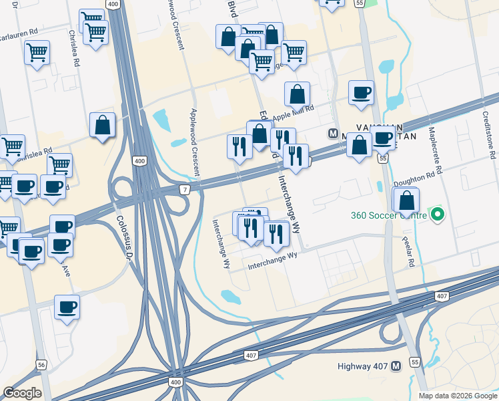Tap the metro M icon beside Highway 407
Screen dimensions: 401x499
(396, 366)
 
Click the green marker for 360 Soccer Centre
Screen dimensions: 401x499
(438, 215)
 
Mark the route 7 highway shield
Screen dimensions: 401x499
(184, 190)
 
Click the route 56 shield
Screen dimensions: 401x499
(41, 365)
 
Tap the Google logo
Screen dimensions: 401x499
(22, 393)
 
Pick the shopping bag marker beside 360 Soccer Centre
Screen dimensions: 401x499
(406, 200)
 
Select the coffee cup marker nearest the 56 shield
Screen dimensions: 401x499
(67, 307)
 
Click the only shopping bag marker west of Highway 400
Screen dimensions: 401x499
(102, 125)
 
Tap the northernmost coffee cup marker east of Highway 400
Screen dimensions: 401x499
(361, 93)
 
